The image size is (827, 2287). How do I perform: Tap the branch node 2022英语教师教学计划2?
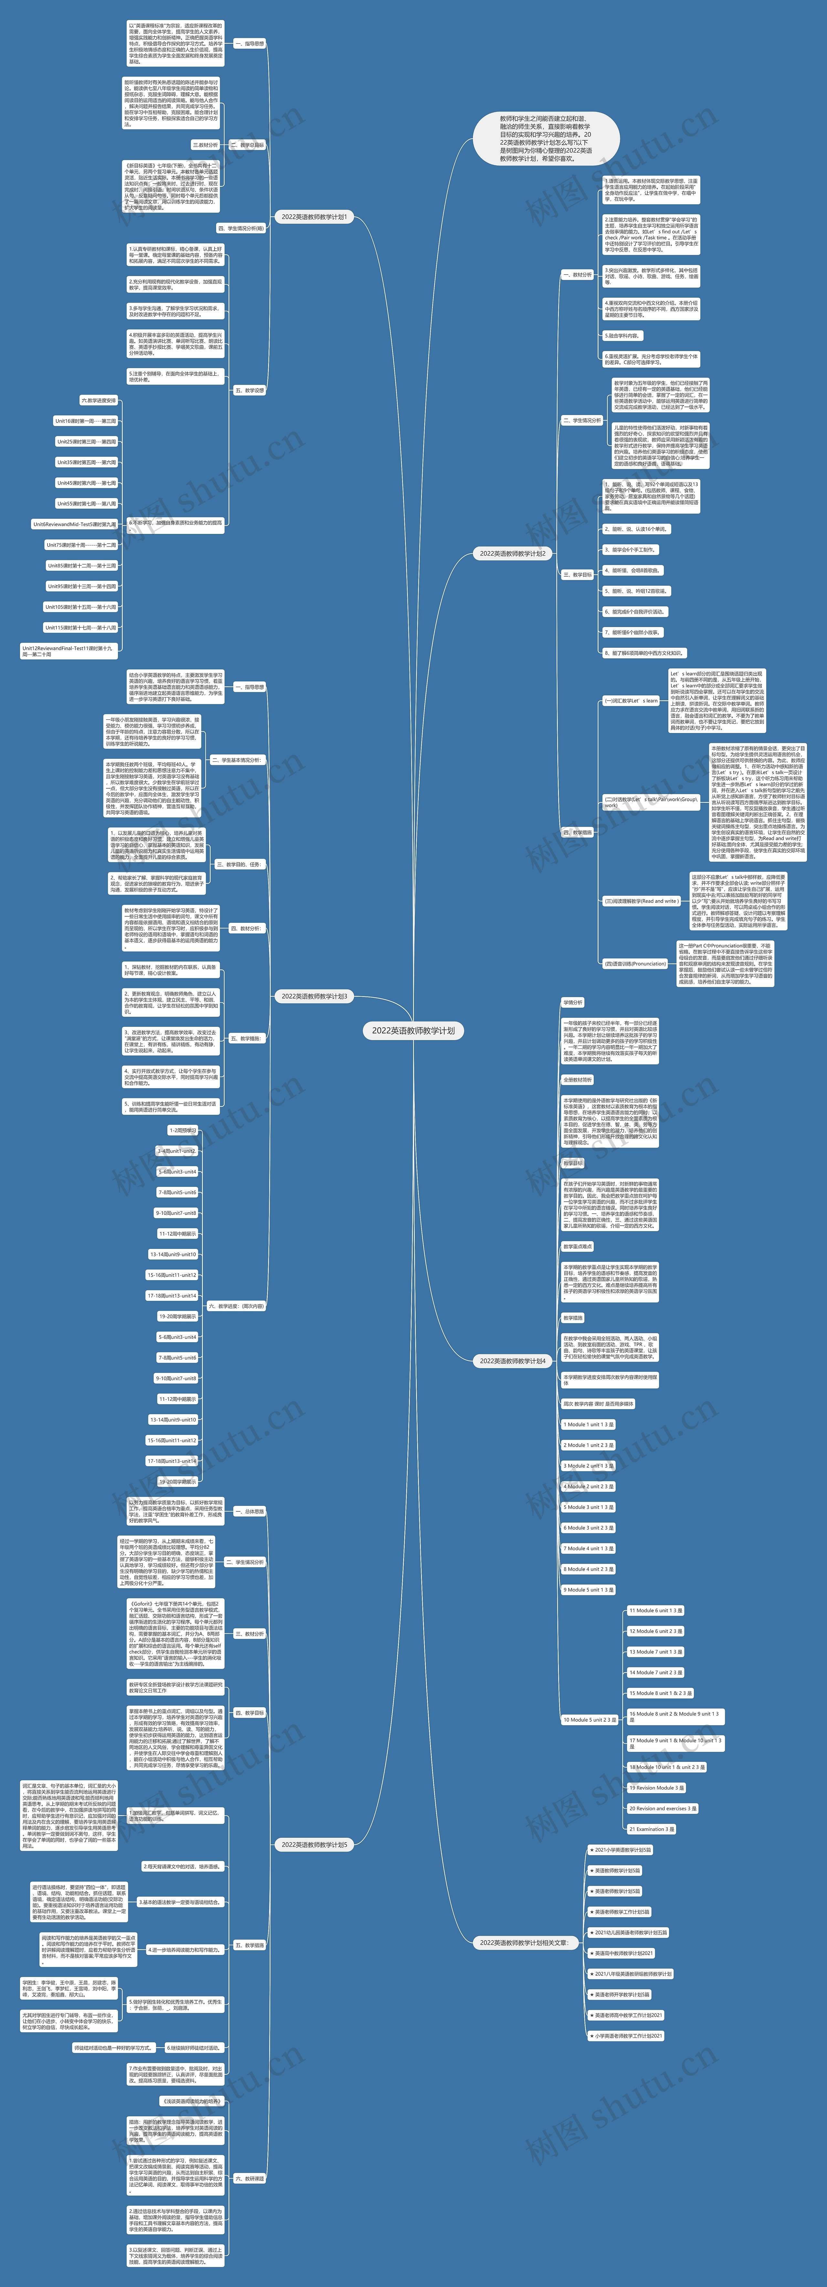pyautogui.click(x=513, y=553)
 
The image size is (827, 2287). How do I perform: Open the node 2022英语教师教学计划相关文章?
pyautogui.click(x=524, y=1942)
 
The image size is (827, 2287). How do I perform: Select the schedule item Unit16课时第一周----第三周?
pyautogui.click(x=85, y=421)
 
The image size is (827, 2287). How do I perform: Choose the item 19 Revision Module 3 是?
pyautogui.click(x=657, y=1788)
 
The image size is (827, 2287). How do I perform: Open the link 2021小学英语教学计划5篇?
pyautogui.click(x=621, y=1850)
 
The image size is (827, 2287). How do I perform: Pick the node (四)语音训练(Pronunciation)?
pyautogui.click(x=634, y=963)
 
